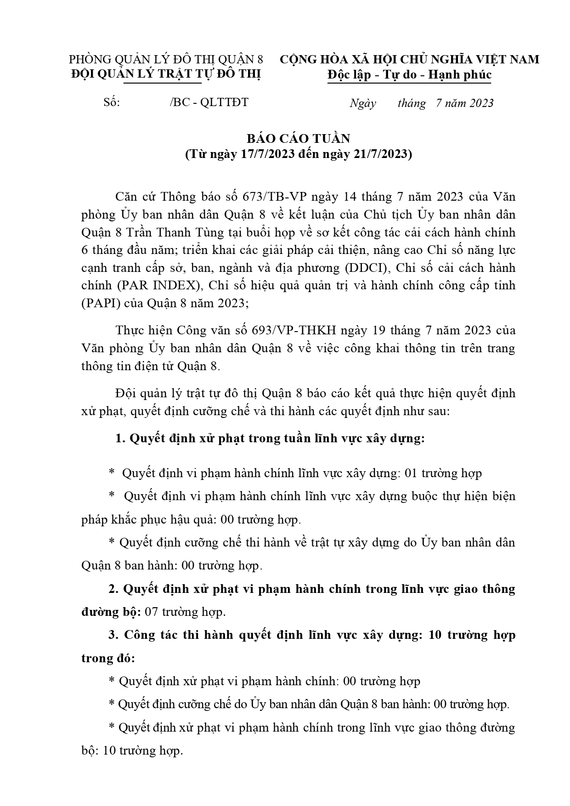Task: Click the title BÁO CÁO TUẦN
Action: click(298, 139)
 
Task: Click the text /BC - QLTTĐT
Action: click(209, 102)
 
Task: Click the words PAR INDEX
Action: click(159, 285)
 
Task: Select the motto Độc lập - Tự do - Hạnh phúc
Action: click(409, 75)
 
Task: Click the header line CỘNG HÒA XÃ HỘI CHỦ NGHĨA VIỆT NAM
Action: click(409, 60)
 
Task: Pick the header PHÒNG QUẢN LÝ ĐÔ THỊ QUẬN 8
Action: click(166, 60)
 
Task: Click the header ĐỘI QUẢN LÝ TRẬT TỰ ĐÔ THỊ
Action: click(166, 74)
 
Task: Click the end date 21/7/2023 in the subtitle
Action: click(380, 154)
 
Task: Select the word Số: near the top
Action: click(112, 102)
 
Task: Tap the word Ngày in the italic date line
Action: click(362, 103)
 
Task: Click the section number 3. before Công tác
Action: click(113, 635)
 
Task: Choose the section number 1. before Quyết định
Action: click(120, 439)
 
